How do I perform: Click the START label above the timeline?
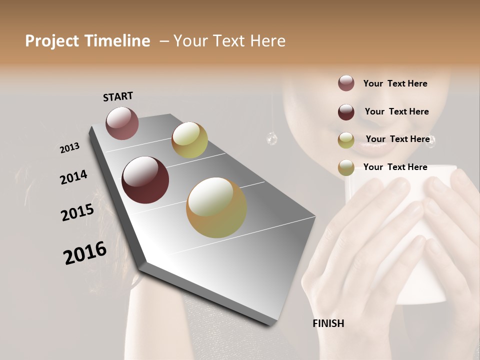point(118,96)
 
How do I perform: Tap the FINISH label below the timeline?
point(328,323)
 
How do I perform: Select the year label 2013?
point(69,148)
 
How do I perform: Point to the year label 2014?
point(73,177)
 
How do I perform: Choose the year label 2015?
point(77,212)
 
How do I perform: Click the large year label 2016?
point(85,252)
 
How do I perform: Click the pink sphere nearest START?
point(122,123)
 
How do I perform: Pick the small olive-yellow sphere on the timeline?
point(189,140)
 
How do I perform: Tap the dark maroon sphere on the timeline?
point(145,180)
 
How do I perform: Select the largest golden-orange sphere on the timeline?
point(216,207)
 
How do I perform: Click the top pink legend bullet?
point(346,83)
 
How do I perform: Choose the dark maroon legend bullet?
point(346,112)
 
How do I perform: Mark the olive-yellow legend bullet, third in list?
point(346,140)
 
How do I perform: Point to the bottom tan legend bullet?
point(346,167)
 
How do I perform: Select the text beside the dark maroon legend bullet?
point(396,111)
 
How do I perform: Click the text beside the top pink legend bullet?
point(395,83)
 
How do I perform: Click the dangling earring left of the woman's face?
point(272,138)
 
